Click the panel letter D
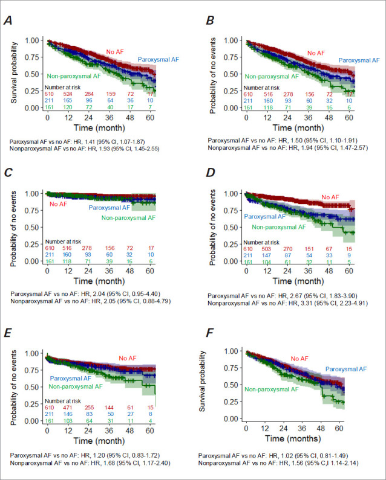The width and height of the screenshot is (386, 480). click(x=205, y=173)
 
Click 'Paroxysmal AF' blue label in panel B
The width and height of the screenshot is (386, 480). click(x=359, y=60)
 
